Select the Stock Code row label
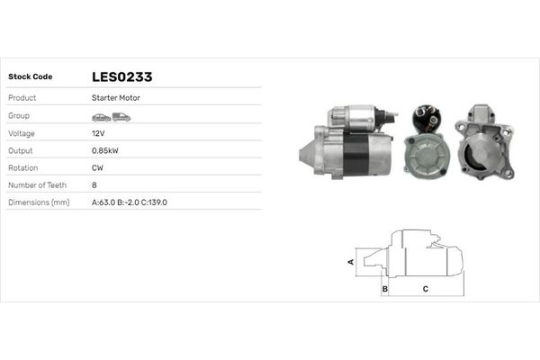tap(30, 76)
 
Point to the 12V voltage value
tap(97, 132)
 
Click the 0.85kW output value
tap(104, 150)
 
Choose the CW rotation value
tap(97, 167)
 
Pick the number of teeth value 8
tap(94, 184)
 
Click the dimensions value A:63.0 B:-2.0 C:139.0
tap(130, 202)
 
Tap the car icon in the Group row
tap(101, 116)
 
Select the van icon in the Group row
tap(121, 116)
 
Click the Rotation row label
tap(22, 167)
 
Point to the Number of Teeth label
tap(37, 184)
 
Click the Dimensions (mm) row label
tap(39, 202)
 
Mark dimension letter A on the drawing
tap(351, 261)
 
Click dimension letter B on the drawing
tap(385, 289)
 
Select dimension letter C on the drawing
tap(425, 289)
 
